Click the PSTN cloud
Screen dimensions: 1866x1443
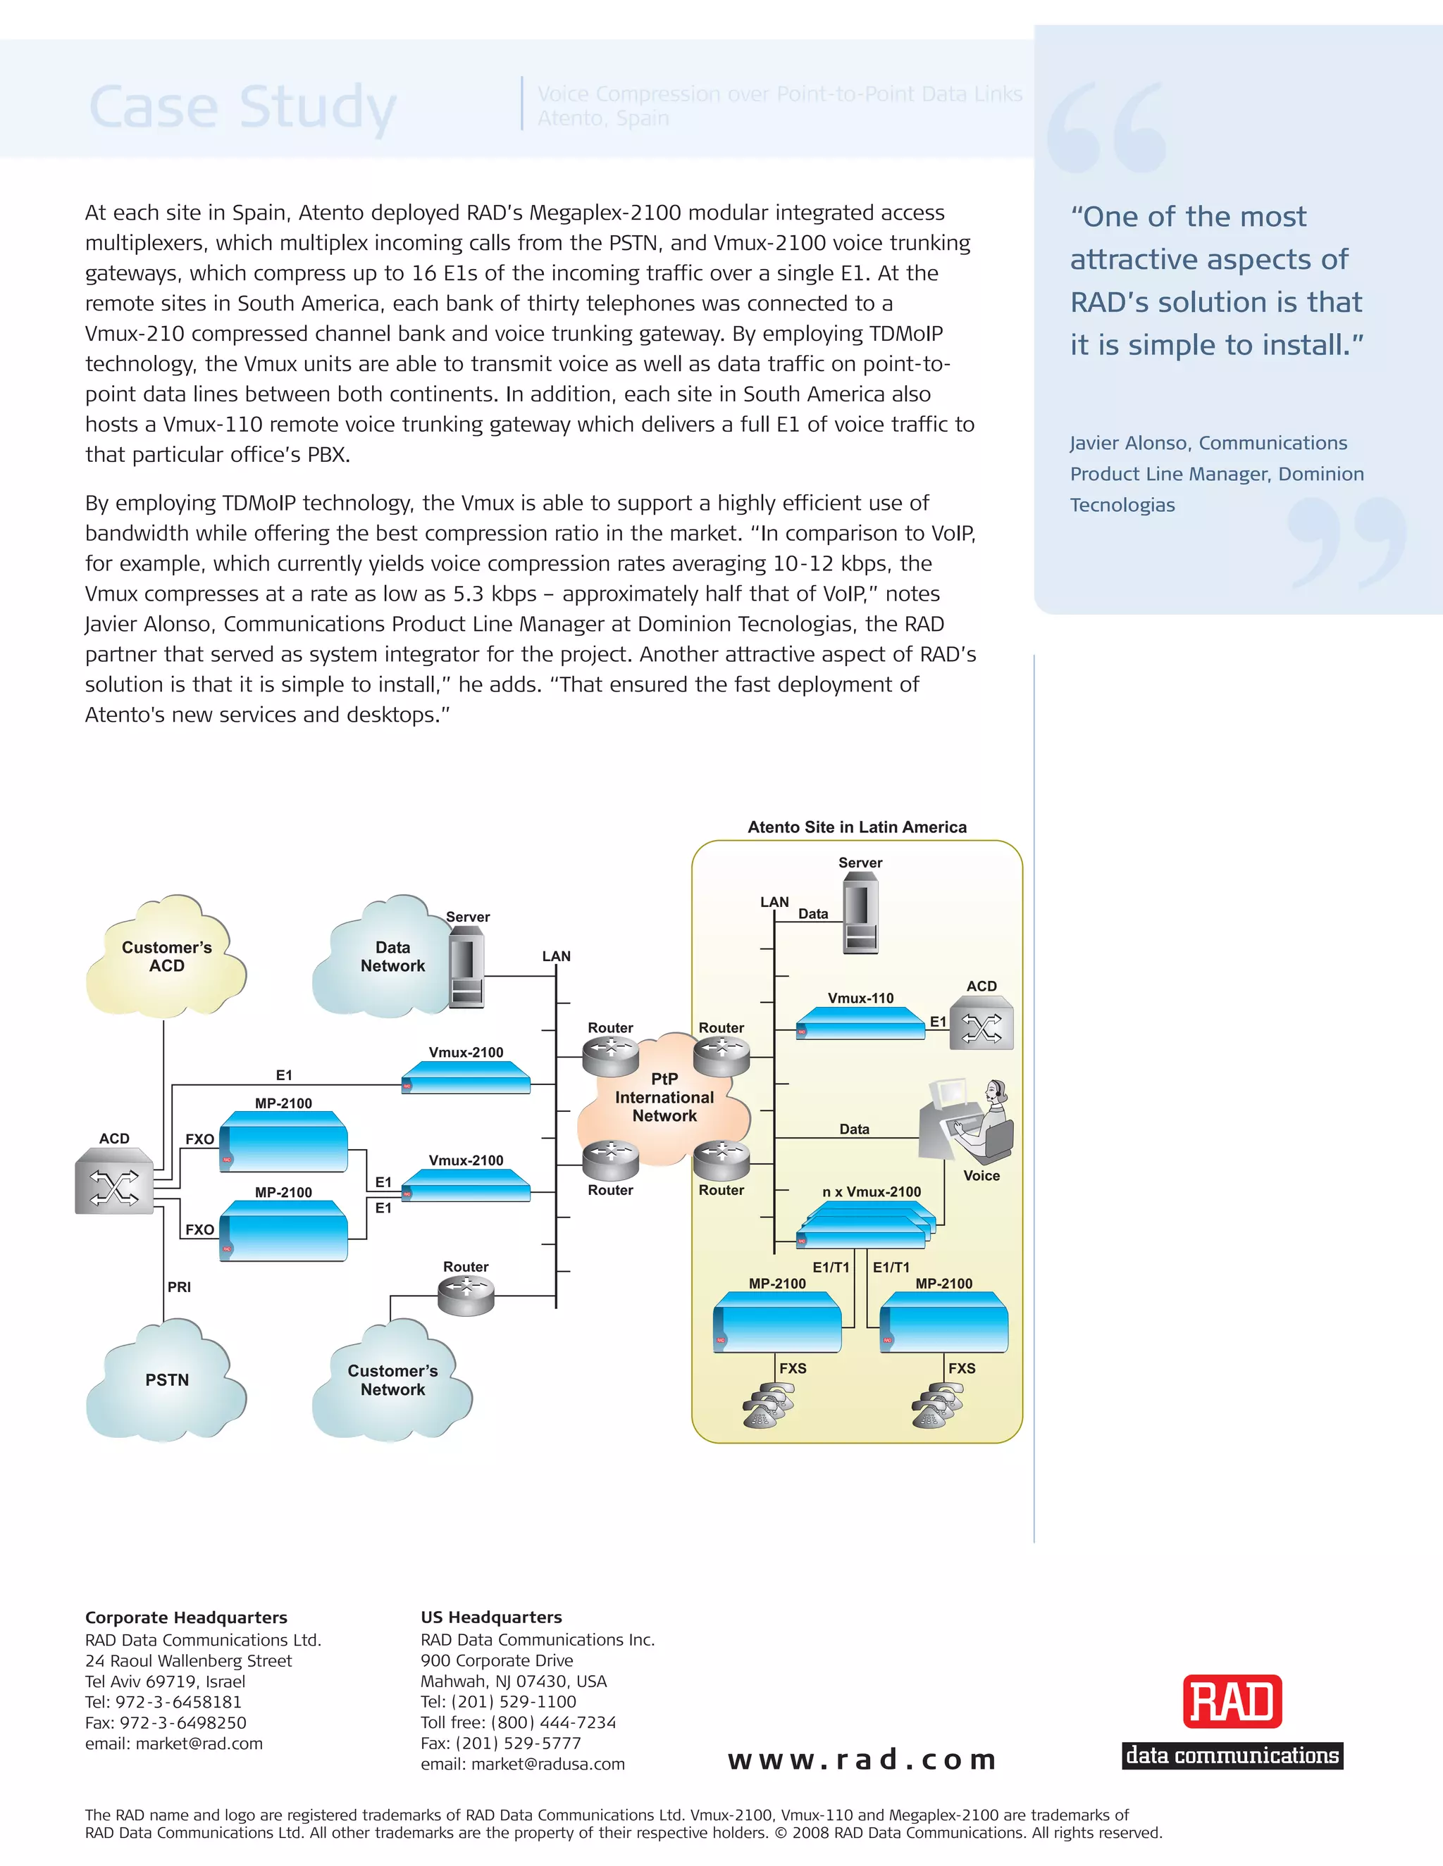tap(167, 1380)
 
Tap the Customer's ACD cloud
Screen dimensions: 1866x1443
tap(167, 957)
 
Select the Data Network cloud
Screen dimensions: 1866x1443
tap(385, 957)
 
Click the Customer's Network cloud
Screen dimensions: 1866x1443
tap(392, 1380)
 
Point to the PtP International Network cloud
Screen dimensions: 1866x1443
tap(664, 1098)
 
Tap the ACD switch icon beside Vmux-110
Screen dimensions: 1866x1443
tap(981, 1026)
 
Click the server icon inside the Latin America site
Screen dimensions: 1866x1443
tap(860, 918)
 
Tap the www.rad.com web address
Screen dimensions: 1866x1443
tap(862, 1760)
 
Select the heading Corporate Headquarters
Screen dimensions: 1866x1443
tap(186, 1617)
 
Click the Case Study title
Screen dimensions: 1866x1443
tap(243, 107)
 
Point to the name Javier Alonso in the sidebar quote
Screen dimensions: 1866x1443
tap(1129, 443)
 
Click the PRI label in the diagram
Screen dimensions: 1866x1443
tap(180, 1286)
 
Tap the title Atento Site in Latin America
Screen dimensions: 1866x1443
tap(857, 827)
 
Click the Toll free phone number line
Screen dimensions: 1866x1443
tap(518, 1722)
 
